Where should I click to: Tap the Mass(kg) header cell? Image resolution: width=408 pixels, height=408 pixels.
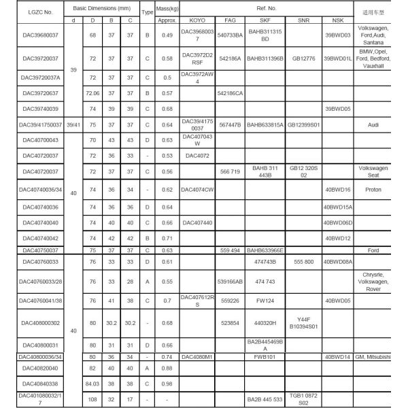tap(167, 12)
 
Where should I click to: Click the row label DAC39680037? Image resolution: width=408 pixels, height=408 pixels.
tap(32, 35)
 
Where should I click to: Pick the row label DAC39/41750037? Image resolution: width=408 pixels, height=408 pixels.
tap(32, 124)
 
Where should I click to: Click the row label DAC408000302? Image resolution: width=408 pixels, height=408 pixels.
tap(32, 323)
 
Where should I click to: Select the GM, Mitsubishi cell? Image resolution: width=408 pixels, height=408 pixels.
tap(373, 356)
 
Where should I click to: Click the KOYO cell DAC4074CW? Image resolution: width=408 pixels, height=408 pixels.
tap(197, 190)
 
